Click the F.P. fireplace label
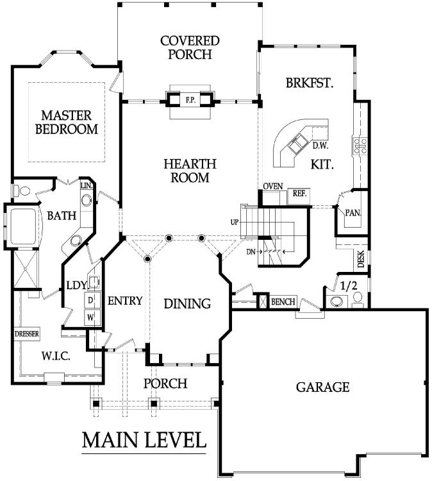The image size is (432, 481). pos(190,100)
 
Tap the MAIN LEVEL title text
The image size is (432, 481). pos(144,440)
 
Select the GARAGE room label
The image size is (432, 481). pos(322,387)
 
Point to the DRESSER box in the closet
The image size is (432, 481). pos(27,333)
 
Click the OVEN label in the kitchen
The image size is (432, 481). pos(273,186)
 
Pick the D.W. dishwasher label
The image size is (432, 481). pos(320,146)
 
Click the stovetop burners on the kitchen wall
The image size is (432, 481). pos(361,146)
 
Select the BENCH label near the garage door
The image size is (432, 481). pos(283,302)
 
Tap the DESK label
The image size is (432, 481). pos(361,259)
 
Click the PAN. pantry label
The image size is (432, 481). pos(353,213)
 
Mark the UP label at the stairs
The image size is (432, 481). pos(235,222)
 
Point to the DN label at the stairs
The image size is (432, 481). pos(251,252)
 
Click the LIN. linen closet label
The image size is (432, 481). pos(87,185)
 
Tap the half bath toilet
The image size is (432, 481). pos(358,298)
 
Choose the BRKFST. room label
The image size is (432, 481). pos(310,83)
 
